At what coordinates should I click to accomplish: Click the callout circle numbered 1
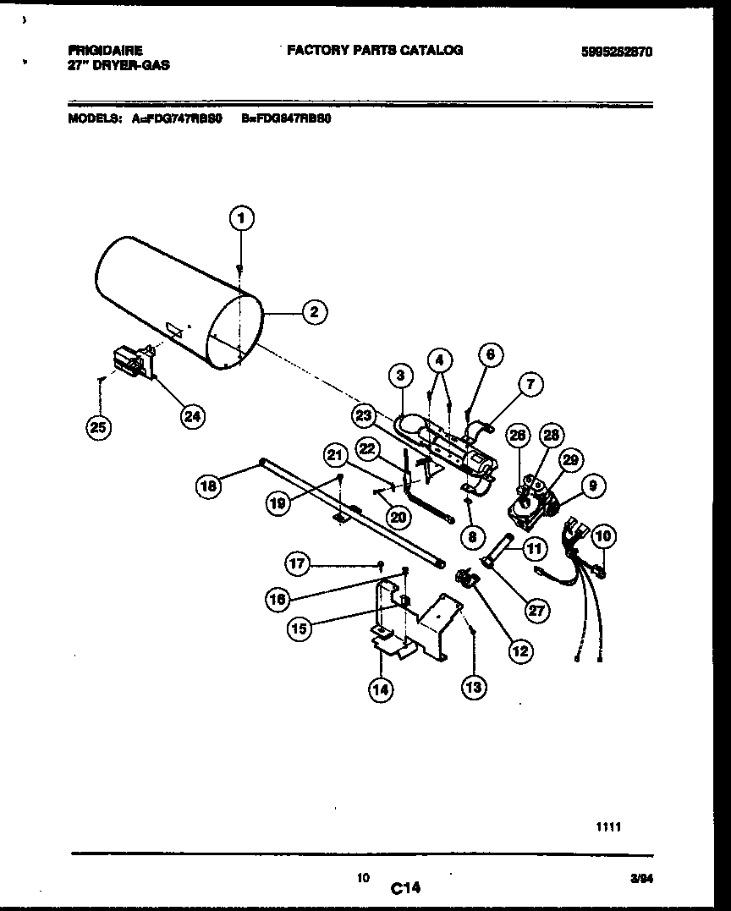click(x=241, y=219)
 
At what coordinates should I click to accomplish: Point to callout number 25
click(x=99, y=429)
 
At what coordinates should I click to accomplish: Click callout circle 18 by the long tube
click(x=210, y=486)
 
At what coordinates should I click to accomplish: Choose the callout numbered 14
click(x=381, y=689)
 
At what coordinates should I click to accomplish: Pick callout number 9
click(x=592, y=486)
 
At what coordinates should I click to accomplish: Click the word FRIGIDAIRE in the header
click(x=105, y=51)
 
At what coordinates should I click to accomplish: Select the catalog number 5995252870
click(x=617, y=52)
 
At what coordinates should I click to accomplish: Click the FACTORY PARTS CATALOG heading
click(x=375, y=51)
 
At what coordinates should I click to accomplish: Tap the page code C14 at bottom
click(x=405, y=887)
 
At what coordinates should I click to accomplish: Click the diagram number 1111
click(x=609, y=828)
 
